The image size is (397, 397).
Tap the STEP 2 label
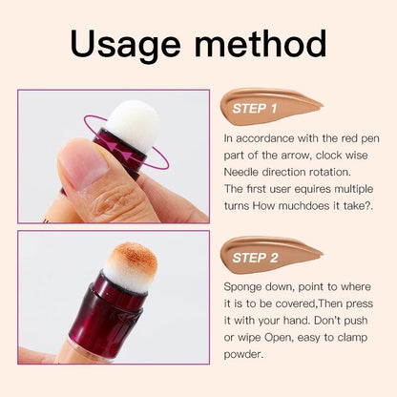pos(255,257)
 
